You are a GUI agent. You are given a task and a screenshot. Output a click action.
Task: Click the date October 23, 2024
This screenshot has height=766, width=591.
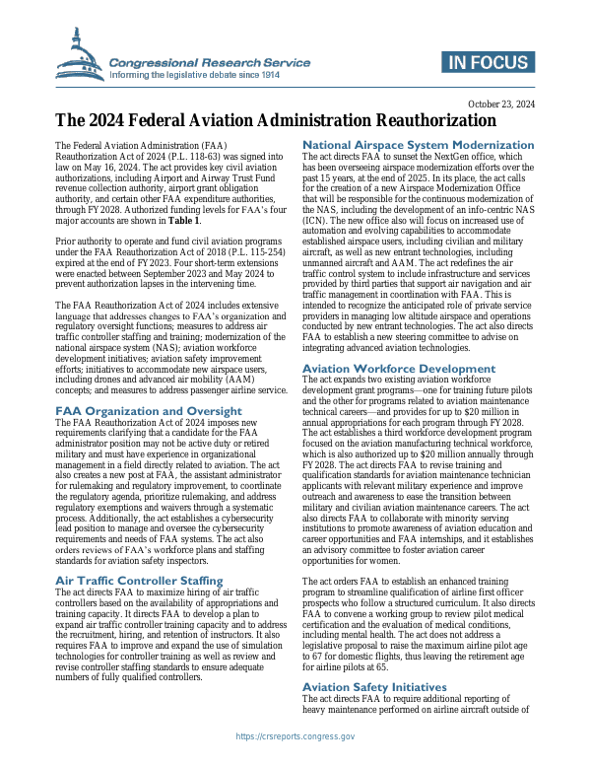(x=500, y=104)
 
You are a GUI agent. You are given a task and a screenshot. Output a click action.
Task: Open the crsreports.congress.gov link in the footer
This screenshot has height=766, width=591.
(x=295, y=736)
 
